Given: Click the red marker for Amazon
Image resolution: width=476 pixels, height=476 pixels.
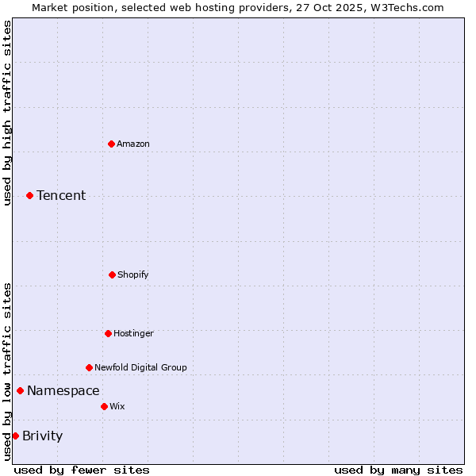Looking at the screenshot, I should coord(111,144).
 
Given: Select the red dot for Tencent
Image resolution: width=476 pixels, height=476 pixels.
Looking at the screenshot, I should coord(29,195).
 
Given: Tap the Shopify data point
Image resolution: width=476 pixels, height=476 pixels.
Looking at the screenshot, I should coord(112,274).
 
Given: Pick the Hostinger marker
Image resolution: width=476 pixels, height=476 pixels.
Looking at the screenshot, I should coord(108,333).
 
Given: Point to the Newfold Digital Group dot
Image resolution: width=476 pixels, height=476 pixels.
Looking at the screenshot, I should coord(89,367).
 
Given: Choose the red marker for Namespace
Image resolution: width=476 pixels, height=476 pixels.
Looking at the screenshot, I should coord(20,390).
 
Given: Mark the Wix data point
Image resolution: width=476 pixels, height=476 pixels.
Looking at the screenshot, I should coord(104,406).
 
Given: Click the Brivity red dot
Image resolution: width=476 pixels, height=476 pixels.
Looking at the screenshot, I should coord(15,436).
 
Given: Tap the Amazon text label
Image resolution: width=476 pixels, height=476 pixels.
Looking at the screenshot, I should coord(133,144).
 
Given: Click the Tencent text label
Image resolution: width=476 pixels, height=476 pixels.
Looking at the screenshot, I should coord(61,195).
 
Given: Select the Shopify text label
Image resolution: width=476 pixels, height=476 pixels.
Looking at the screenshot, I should coord(133,274).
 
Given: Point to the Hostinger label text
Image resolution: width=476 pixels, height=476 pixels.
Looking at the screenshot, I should coord(133,333).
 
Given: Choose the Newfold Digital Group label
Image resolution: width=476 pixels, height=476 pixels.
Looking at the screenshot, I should coord(140,367).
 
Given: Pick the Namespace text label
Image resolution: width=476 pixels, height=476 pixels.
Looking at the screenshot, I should coord(63,390).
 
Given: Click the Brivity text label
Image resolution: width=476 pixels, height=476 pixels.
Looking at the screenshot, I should coord(43,436).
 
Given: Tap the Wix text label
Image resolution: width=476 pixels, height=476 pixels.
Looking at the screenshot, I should coord(117,406).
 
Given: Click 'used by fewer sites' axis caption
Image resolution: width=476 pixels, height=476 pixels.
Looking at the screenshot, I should coord(82,470).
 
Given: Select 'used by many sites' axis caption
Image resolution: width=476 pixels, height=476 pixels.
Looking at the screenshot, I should coord(398,470).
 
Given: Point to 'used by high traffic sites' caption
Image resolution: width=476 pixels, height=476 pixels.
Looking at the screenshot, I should coord(7,113).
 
